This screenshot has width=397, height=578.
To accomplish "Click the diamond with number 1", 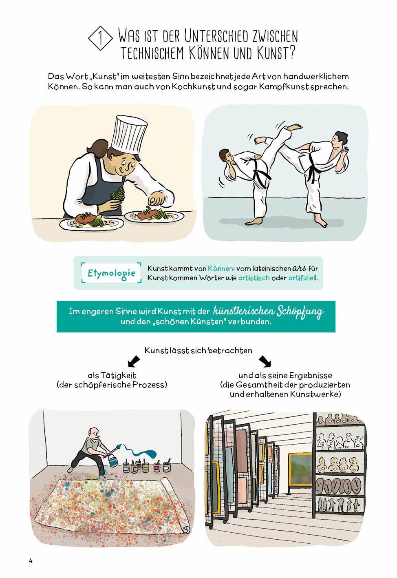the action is point(100,38).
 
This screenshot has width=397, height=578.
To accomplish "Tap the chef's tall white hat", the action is point(129,134).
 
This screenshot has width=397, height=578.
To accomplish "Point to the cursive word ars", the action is point(299,268).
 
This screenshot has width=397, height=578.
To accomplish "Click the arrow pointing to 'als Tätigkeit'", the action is point(134,361).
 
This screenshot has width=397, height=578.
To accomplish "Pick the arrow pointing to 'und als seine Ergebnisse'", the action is point(265,361).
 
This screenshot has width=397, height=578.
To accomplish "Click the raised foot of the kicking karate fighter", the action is point(295,127).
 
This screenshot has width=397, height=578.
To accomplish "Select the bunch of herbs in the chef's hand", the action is point(118,194).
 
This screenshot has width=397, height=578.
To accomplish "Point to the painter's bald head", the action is point(93,432).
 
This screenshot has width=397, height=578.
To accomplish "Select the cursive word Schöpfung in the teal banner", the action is point(300,312).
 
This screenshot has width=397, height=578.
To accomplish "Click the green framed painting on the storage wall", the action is point(300,469).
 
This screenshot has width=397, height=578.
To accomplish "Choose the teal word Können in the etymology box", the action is point(221,268).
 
